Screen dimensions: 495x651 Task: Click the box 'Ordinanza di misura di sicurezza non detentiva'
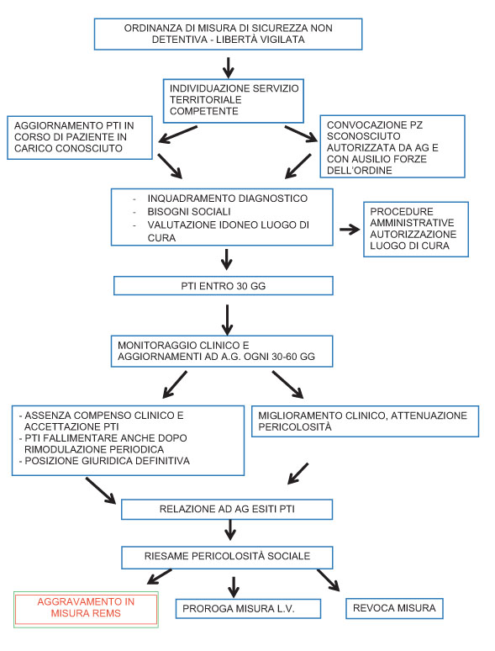click(x=229, y=34)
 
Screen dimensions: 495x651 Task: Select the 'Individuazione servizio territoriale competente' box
click(x=233, y=101)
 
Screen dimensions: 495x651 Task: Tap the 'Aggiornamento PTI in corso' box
click(x=80, y=137)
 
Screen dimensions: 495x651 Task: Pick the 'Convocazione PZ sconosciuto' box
click(x=392, y=146)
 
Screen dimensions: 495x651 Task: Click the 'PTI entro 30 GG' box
click(x=224, y=286)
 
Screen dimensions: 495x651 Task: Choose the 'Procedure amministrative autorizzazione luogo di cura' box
click(x=416, y=229)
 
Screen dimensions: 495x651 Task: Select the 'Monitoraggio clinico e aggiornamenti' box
click(x=222, y=352)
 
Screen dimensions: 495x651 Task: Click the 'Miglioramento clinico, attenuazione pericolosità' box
click(x=365, y=421)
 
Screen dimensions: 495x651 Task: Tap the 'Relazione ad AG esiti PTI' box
click(x=227, y=510)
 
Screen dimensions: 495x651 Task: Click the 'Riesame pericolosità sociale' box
click(x=227, y=558)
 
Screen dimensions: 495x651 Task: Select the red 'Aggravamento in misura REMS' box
click(x=86, y=610)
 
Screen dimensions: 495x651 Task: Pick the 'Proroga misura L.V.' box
click(x=248, y=609)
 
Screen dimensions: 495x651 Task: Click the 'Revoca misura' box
click(x=394, y=608)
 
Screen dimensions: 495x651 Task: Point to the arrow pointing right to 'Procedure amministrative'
click(x=350, y=229)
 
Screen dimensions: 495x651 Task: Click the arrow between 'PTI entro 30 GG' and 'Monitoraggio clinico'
click(x=227, y=320)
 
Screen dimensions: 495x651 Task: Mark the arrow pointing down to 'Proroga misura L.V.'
click(x=234, y=586)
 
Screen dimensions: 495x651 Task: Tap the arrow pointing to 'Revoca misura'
click(x=329, y=580)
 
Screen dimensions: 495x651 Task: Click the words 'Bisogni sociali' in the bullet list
click(x=189, y=211)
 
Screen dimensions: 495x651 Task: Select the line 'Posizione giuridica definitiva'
click(x=107, y=461)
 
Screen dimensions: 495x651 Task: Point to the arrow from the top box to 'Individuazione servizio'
click(x=228, y=67)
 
